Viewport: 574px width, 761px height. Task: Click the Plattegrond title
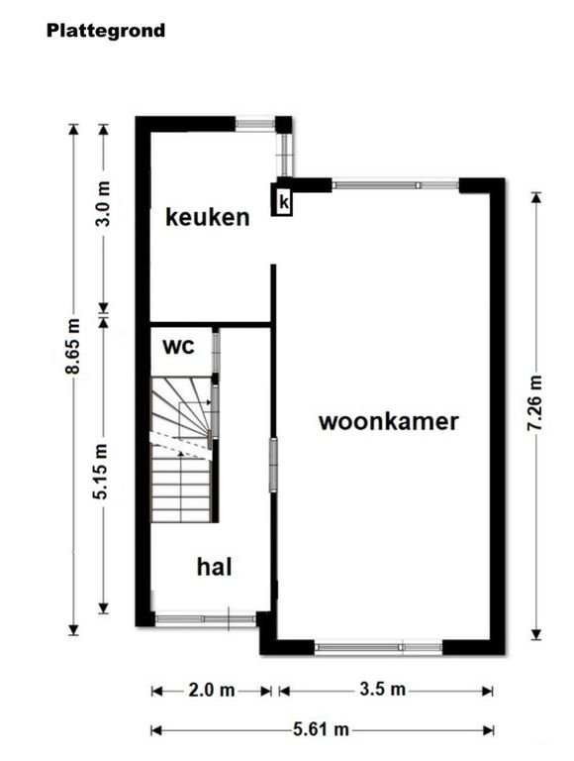106,31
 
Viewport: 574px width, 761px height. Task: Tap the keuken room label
208,217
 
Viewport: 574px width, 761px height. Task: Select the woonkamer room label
388,421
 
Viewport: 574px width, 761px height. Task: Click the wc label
178,347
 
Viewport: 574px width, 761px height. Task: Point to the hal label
215,567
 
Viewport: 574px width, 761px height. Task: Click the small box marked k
284,202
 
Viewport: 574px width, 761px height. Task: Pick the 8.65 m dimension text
72,346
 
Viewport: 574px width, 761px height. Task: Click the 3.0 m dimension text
103,203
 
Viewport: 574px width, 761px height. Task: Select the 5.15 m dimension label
102,472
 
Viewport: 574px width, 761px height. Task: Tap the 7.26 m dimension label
535,403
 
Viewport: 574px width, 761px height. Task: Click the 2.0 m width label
212,690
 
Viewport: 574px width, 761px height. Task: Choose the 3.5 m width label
383,690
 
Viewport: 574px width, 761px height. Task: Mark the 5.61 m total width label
321,729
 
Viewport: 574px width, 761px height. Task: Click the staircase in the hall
182,450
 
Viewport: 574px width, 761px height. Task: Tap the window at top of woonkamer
395,184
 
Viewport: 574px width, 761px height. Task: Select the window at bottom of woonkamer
378,647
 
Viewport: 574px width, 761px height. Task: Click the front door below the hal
205,618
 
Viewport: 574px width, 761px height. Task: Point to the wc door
216,352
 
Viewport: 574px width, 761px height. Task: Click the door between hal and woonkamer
273,465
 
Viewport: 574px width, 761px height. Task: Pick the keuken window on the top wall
255,124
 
